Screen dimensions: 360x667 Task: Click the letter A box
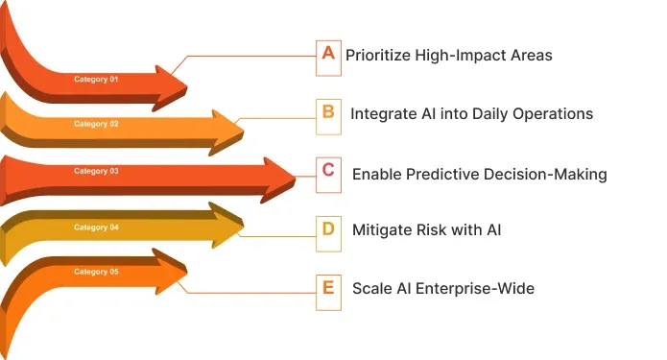click(328, 55)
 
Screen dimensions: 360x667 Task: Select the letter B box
click(328, 113)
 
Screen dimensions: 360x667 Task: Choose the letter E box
click(328, 286)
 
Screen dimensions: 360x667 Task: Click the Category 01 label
click(96, 79)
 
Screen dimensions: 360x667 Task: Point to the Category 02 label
click(96, 124)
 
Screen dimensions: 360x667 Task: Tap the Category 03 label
click(96, 171)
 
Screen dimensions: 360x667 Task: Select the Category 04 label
click(96, 228)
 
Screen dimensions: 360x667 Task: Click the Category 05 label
click(96, 272)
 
